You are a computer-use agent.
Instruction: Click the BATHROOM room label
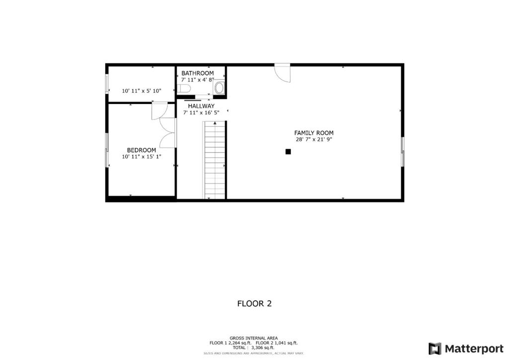click(197, 73)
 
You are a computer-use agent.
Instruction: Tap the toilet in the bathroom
click(183, 89)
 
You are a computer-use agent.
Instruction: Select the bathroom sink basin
click(219, 88)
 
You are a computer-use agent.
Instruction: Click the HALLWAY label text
click(201, 106)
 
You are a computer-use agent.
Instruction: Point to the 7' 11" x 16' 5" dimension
click(201, 113)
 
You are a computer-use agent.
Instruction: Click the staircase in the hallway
click(215, 159)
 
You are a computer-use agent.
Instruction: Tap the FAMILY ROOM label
click(314, 133)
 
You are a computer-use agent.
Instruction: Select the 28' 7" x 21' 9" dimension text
click(314, 140)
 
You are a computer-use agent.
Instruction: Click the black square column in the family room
click(288, 152)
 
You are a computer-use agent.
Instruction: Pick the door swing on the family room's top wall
click(282, 73)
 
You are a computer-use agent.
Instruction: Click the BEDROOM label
click(141, 150)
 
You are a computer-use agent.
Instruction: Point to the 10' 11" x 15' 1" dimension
click(142, 157)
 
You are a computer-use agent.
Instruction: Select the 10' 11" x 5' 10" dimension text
click(142, 91)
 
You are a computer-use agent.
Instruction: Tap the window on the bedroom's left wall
click(106, 150)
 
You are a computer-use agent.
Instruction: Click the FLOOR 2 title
click(254, 303)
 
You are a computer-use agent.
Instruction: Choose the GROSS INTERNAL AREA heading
click(254, 338)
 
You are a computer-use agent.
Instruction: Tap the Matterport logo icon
click(435, 348)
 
